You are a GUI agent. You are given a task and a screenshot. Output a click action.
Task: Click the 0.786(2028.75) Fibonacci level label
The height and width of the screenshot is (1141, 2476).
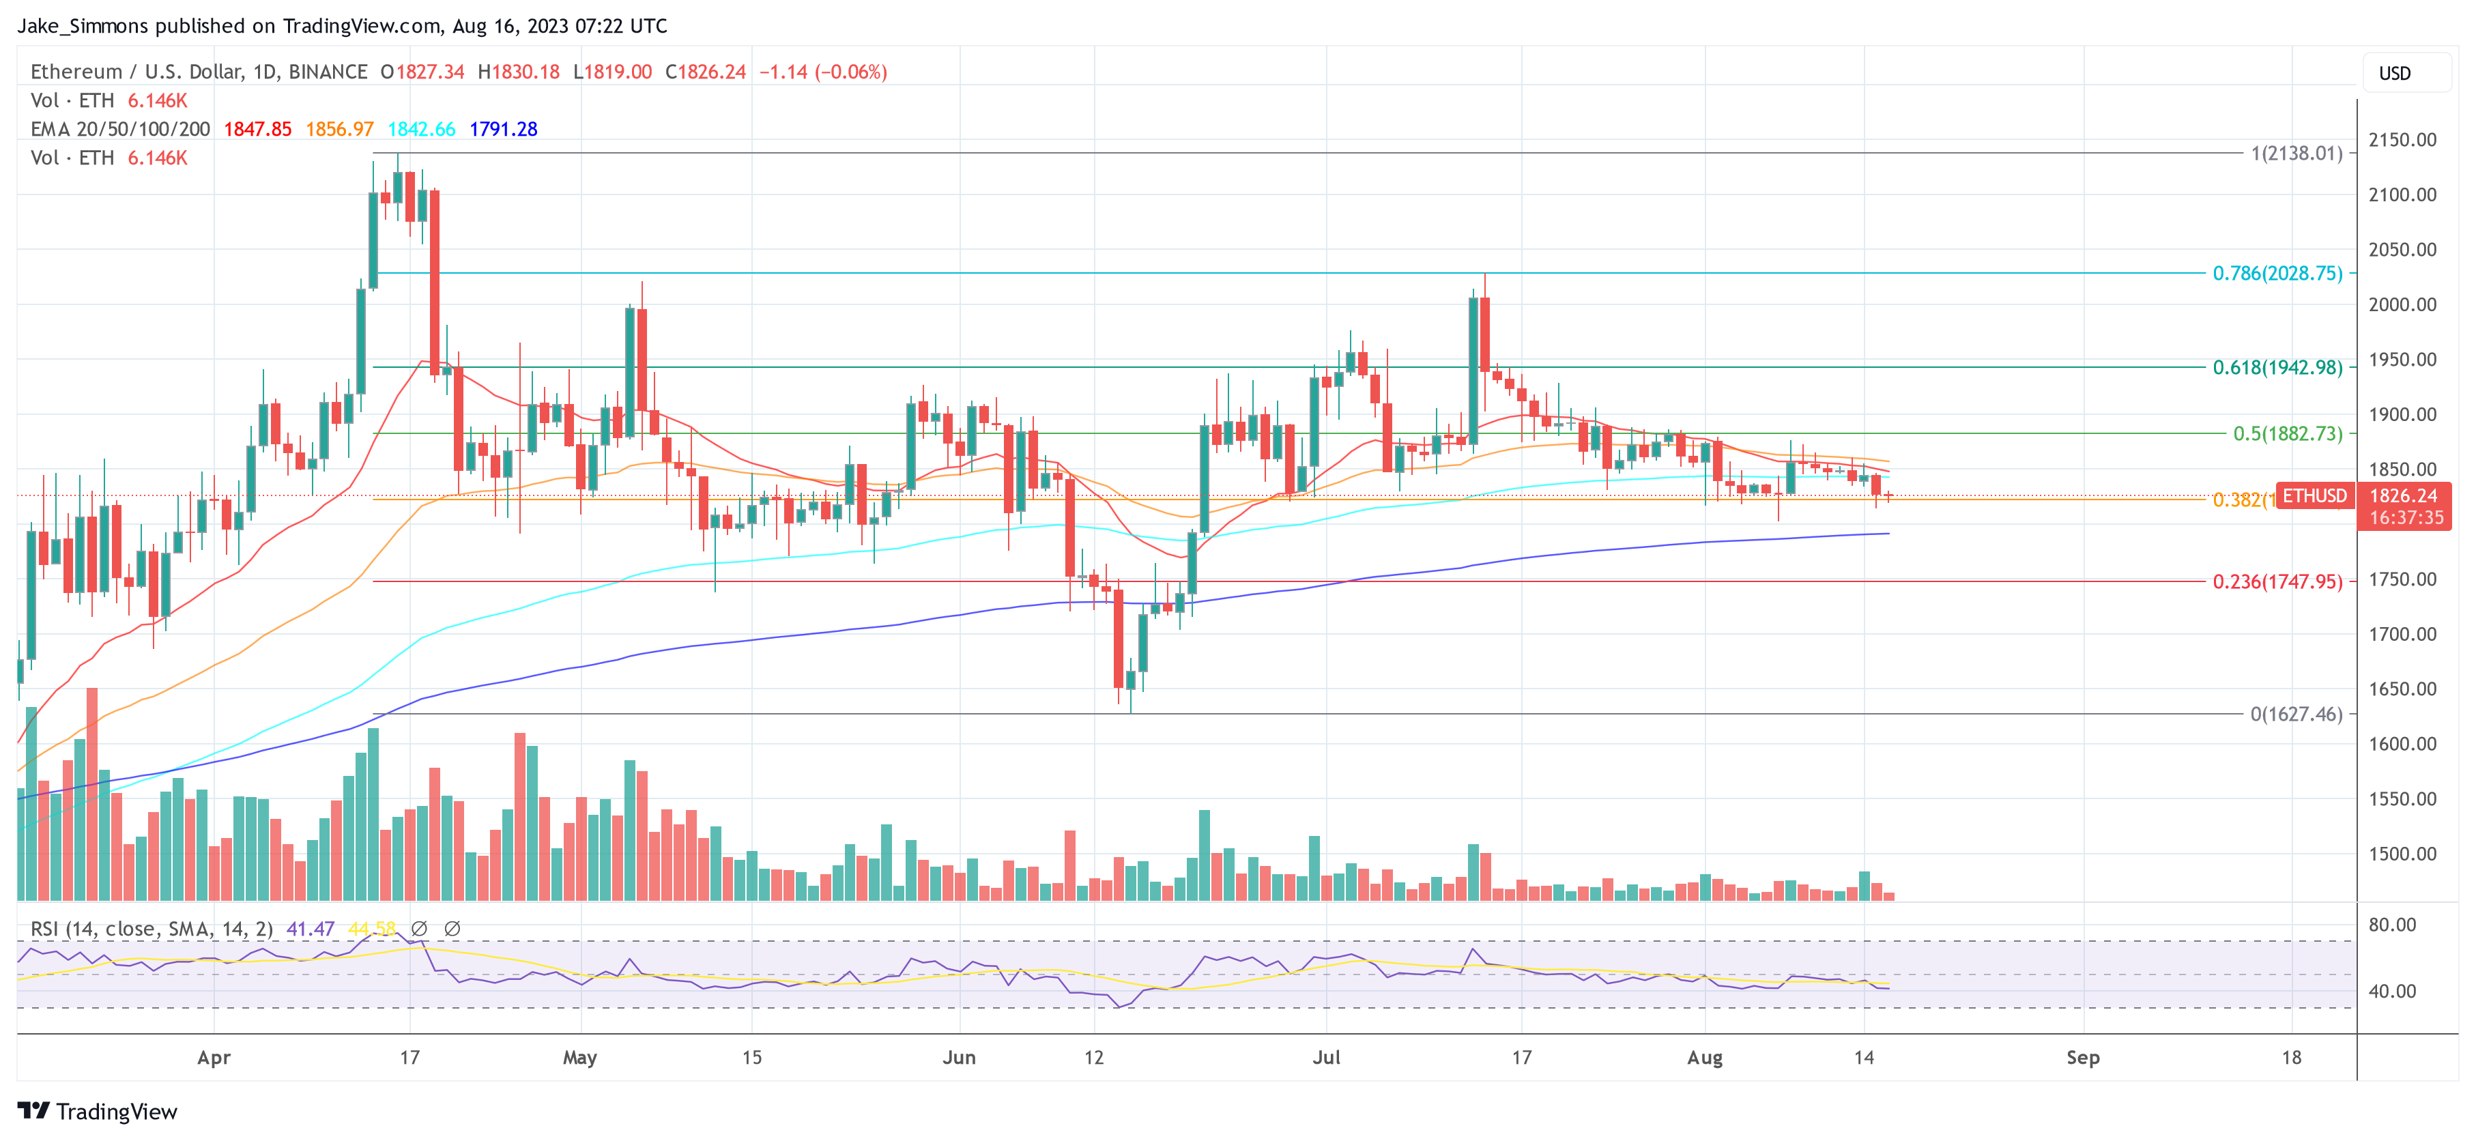(x=2276, y=273)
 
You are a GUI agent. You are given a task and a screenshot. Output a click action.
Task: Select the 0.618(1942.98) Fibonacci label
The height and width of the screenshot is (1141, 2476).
(x=2276, y=367)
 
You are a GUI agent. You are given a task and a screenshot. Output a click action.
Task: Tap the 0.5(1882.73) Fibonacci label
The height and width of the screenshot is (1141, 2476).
(x=2287, y=433)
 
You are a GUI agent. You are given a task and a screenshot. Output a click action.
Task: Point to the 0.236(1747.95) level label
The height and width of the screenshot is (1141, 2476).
(x=2276, y=581)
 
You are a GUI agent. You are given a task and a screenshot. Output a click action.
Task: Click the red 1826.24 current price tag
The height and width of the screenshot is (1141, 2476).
(x=2403, y=496)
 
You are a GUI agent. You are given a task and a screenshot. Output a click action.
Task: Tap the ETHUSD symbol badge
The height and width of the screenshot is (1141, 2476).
(x=2314, y=496)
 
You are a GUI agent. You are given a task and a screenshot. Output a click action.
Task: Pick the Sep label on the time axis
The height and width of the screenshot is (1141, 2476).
(x=2082, y=1057)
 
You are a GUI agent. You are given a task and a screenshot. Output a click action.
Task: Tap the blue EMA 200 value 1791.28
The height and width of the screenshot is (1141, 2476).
(x=503, y=129)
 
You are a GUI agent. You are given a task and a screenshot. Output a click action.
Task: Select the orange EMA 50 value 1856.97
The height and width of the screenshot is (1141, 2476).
(x=339, y=129)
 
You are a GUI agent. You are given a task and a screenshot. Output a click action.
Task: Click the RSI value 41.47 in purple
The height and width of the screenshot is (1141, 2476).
(x=311, y=929)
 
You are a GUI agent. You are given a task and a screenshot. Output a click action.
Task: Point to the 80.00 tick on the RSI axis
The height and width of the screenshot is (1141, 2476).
(x=2391, y=925)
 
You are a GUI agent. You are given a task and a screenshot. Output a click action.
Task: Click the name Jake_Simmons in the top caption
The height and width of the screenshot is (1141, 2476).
(x=83, y=26)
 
